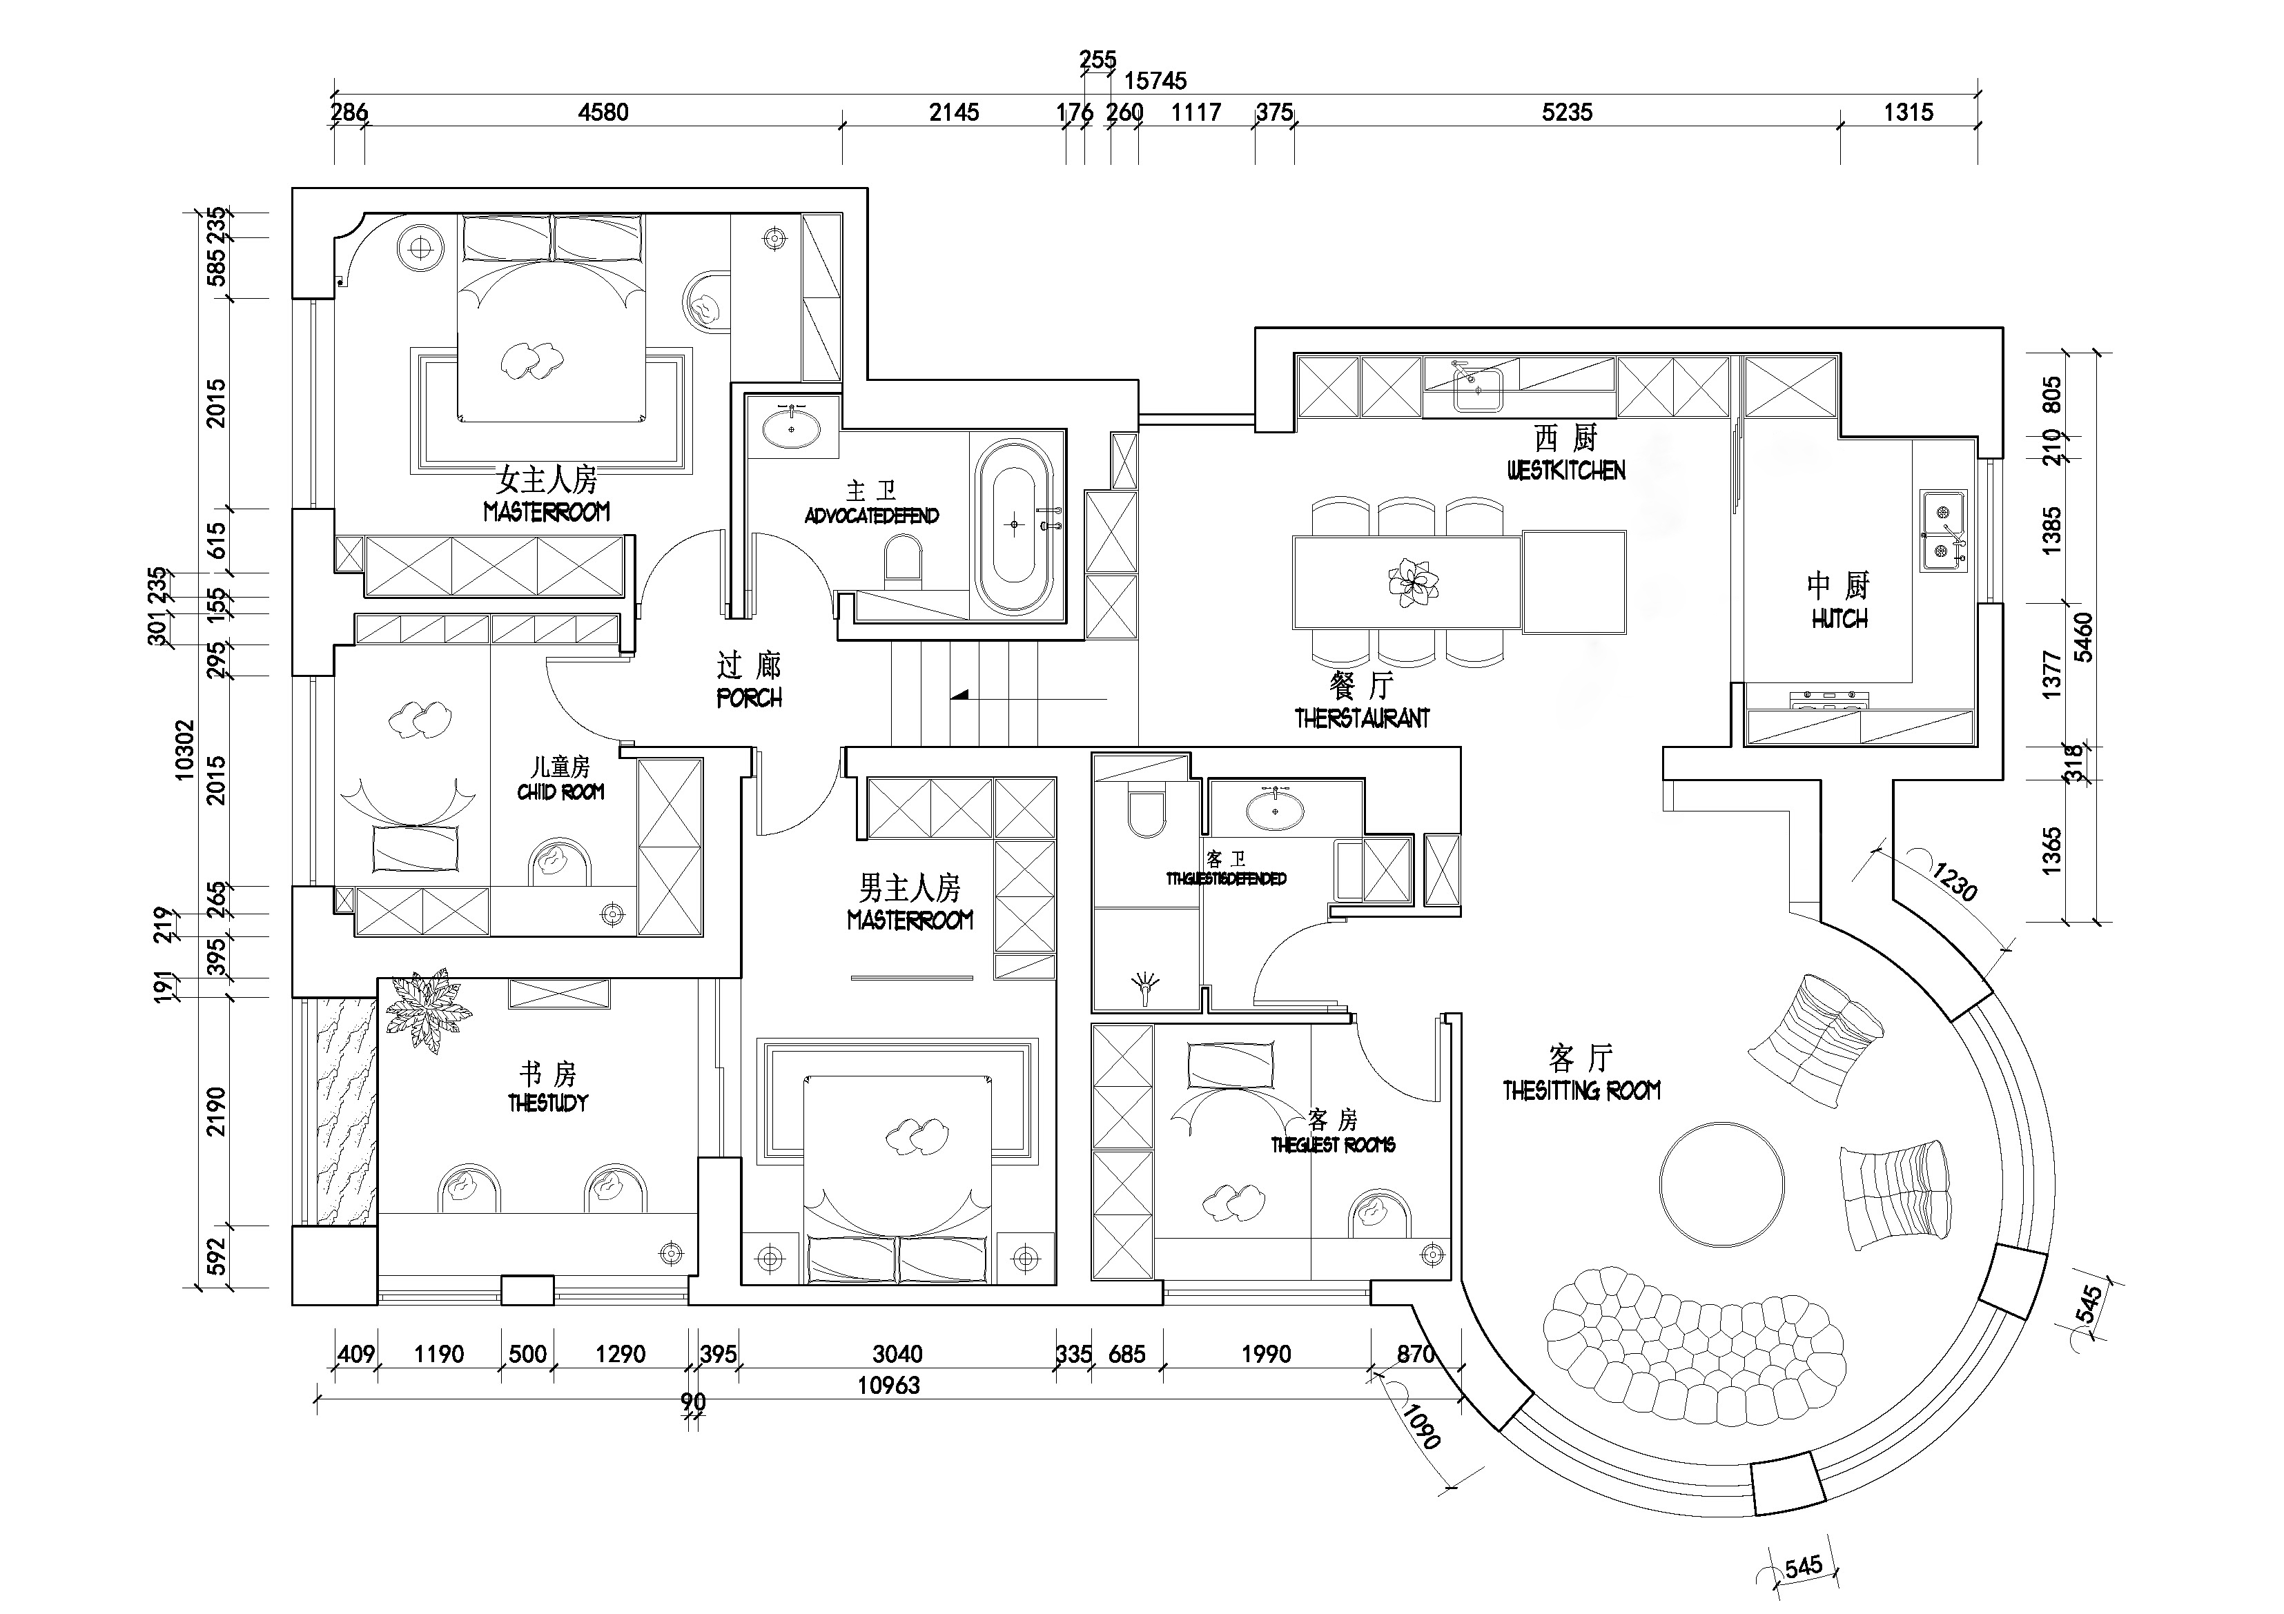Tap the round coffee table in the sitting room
(x=1720, y=1183)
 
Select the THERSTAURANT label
(x=1362, y=718)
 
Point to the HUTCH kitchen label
(x=1839, y=618)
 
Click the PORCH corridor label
(x=749, y=698)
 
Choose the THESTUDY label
(x=548, y=1103)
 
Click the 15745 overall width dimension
(x=1155, y=81)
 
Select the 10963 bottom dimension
(x=888, y=1386)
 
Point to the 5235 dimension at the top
(x=1567, y=112)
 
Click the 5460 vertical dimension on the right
(x=2082, y=636)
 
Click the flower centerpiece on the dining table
(x=1413, y=581)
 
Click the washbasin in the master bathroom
(x=792, y=430)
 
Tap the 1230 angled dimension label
(x=1954, y=881)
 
